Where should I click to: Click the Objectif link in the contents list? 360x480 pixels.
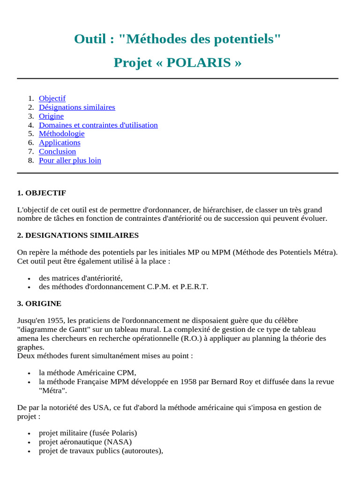pos(52,98)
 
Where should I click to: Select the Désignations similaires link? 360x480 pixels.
pos(77,107)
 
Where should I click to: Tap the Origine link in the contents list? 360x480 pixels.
pos(51,116)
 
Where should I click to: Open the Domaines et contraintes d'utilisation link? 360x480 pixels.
pos(98,125)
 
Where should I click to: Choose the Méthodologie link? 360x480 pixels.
pos(61,134)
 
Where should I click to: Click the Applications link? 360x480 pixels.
pos(60,142)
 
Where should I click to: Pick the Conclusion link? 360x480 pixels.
pos(57,151)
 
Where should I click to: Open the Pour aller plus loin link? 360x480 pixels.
pos(70,160)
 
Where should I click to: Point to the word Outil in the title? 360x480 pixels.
pos(90,39)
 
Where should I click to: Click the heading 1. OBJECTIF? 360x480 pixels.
pos(41,193)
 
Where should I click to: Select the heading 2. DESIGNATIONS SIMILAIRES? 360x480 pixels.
pos(78,235)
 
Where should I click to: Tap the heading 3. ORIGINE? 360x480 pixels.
pos(39,303)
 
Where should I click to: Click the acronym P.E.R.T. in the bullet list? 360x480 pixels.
pos(195,286)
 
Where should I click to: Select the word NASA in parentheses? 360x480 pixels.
pos(117,442)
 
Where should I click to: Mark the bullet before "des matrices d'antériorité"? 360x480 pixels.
pos(30,278)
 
